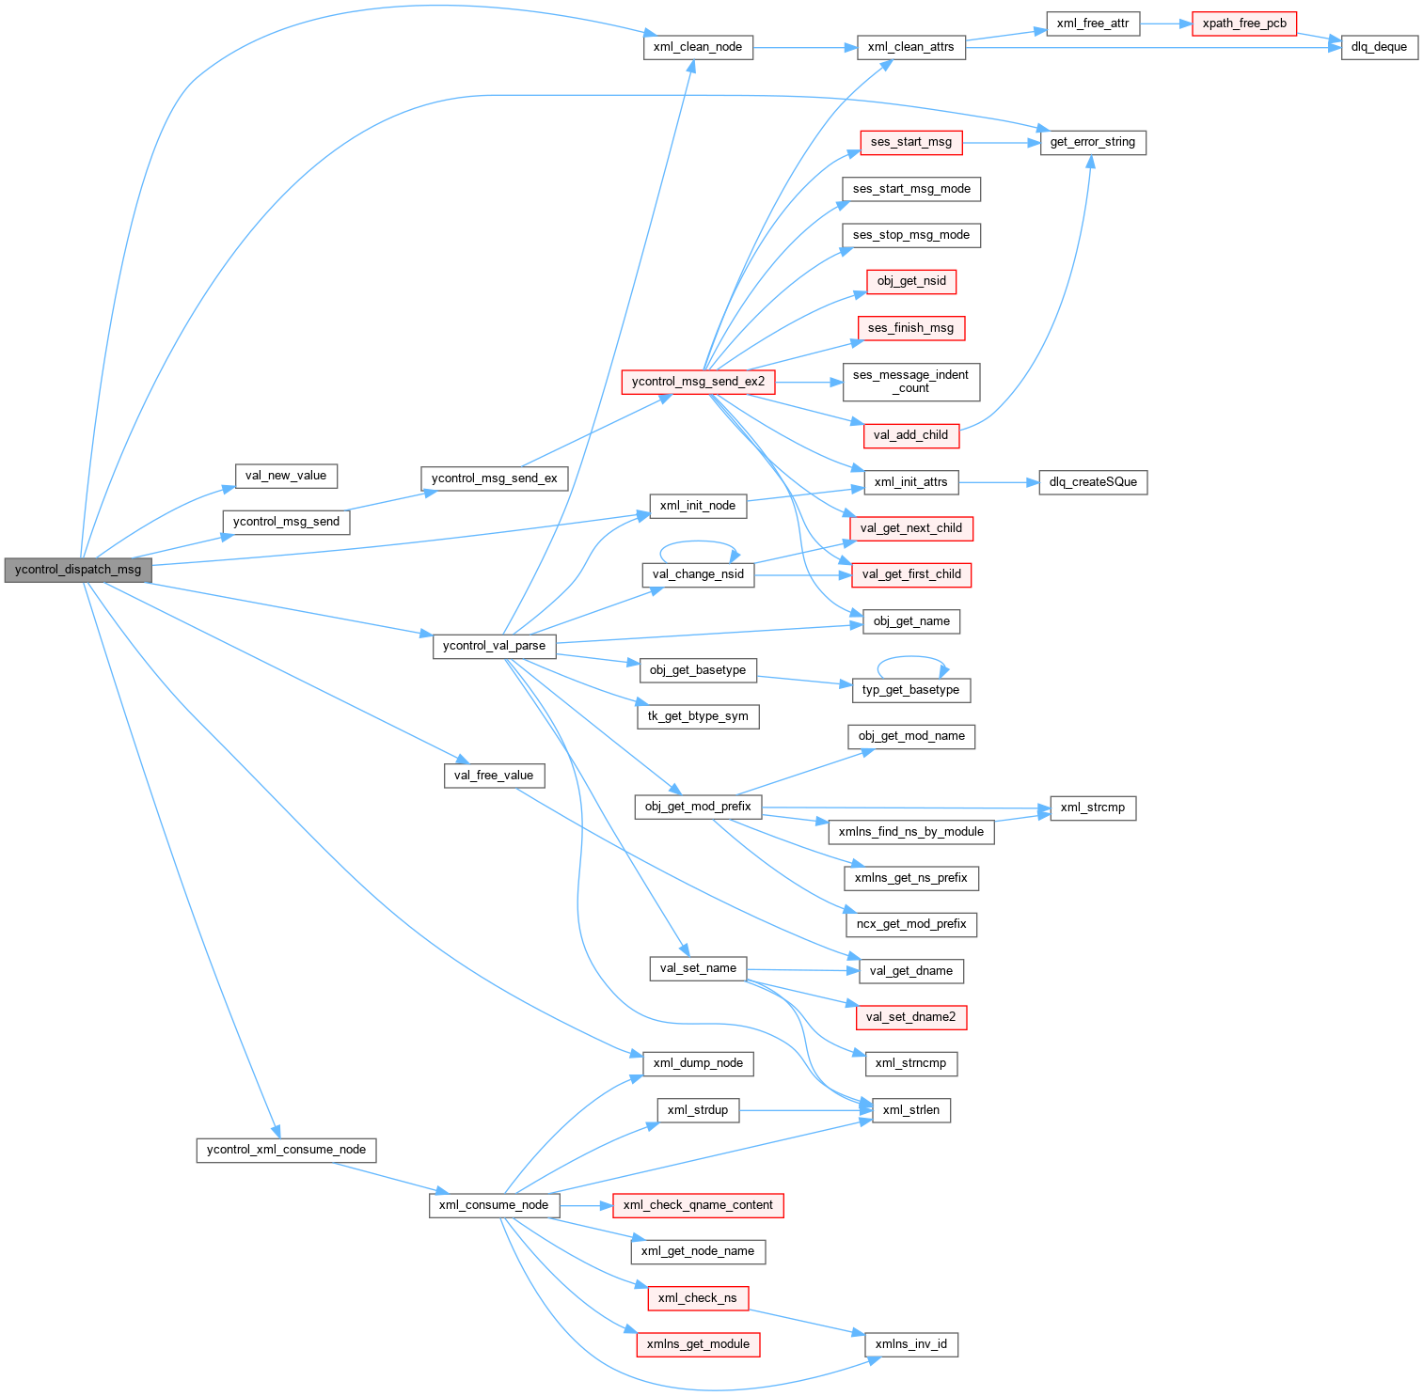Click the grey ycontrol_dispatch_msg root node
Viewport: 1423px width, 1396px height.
[78, 570]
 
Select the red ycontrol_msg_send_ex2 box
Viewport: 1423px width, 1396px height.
[698, 382]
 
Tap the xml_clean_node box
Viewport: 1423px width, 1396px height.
[698, 47]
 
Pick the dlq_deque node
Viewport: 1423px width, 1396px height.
[1379, 47]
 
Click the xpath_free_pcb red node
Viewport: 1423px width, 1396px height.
[1243, 24]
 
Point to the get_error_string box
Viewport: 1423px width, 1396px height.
[1092, 142]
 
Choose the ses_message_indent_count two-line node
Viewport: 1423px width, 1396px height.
[910, 382]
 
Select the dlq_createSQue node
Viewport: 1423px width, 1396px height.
[1092, 482]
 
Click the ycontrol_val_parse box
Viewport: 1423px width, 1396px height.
[494, 646]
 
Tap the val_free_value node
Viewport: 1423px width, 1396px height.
[493, 776]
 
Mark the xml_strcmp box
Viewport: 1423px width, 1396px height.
[1092, 808]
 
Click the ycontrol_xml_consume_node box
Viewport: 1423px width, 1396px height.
[286, 1150]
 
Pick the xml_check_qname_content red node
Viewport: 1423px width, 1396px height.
[698, 1205]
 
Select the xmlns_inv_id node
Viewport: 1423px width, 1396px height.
[910, 1344]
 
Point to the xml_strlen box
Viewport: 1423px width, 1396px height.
[910, 1110]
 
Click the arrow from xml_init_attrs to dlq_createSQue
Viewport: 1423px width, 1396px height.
[998, 482]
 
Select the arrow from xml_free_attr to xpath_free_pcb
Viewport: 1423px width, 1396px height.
[1165, 24]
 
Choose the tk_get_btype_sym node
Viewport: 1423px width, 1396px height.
[698, 716]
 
